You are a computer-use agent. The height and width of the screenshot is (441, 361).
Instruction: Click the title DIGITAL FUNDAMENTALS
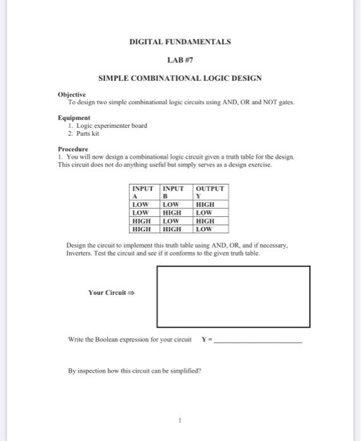(x=180, y=42)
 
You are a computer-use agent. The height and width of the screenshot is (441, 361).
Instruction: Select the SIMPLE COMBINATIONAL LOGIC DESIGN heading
(x=180, y=78)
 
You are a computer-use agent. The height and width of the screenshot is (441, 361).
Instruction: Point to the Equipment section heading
(x=74, y=118)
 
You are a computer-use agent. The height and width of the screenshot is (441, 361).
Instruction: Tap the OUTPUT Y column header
(x=211, y=192)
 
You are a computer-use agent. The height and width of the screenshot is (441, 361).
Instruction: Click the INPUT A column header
(x=145, y=192)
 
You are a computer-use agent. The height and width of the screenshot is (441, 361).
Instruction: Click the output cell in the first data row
(x=206, y=205)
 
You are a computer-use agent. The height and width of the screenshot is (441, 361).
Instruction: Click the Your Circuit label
(x=112, y=293)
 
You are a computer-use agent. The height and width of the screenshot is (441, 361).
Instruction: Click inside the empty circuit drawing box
(x=233, y=295)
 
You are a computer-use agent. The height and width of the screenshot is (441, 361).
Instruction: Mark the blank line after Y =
(x=258, y=341)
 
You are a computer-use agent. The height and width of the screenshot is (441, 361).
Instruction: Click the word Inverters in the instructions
(x=81, y=253)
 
